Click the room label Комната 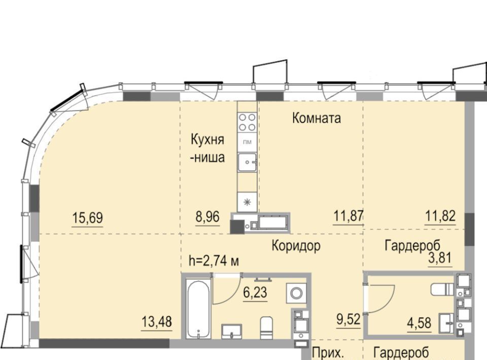[317, 118]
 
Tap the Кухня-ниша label [207, 149]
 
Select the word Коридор [296, 245]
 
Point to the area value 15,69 [87, 217]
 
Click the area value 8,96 [207, 217]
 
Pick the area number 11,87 [348, 215]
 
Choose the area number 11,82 [440, 215]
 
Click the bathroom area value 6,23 [255, 292]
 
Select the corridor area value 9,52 [349, 319]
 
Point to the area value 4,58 [420, 323]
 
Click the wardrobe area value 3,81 [440, 258]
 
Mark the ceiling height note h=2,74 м [214, 261]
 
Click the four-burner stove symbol [247, 122]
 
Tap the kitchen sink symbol [247, 162]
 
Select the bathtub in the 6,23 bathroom [199, 308]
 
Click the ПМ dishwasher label [247, 142]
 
